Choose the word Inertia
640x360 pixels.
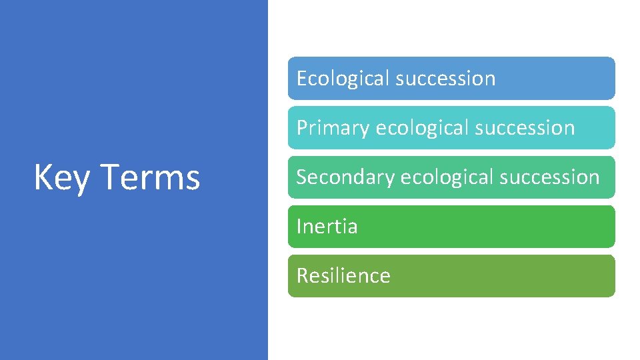tap(327, 227)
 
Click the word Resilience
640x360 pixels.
tap(343, 276)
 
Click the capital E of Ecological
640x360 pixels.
tap(301, 79)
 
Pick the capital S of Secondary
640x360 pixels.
tap(301, 177)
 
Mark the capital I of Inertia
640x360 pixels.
tap(299, 227)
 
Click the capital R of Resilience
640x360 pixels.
tap(302, 276)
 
